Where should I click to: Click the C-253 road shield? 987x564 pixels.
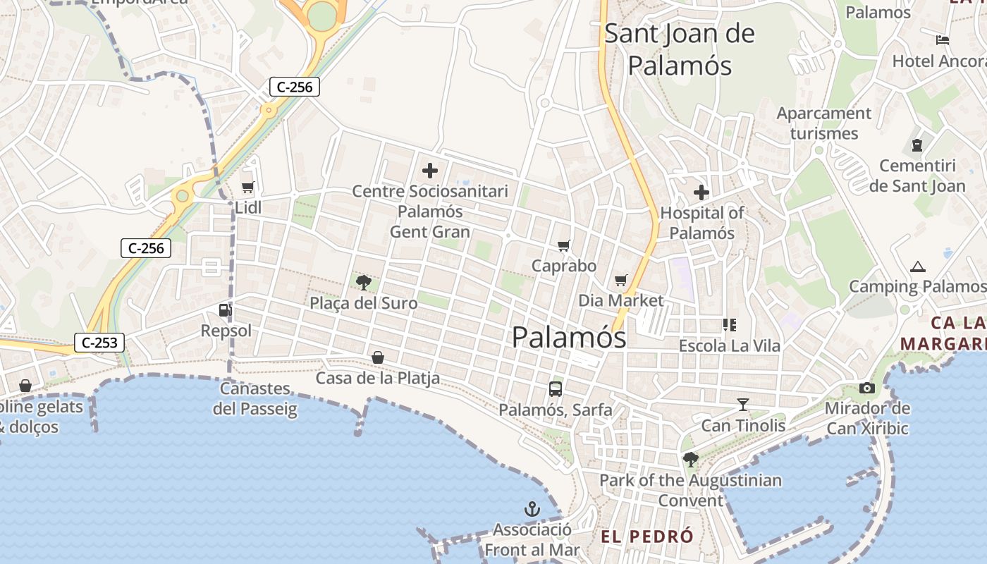pyautogui.click(x=99, y=343)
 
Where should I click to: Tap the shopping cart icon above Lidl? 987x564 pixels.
pyautogui.click(x=247, y=188)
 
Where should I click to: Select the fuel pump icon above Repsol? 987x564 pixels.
pyautogui.click(x=225, y=309)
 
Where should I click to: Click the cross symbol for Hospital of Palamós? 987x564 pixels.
pyautogui.click(x=701, y=192)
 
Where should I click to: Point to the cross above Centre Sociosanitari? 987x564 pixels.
pyautogui.click(x=429, y=171)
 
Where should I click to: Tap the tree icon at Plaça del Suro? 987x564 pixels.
pyautogui.click(x=364, y=283)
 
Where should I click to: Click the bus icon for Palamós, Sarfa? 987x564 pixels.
pyautogui.click(x=556, y=388)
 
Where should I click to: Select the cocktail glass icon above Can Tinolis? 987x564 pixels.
pyautogui.click(x=743, y=405)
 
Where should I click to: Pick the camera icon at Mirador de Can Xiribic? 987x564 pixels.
pyautogui.click(x=867, y=388)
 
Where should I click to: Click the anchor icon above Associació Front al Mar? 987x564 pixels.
pyautogui.click(x=532, y=509)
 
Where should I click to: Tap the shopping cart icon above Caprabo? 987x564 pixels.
pyautogui.click(x=563, y=246)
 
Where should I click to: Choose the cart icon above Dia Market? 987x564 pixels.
pyautogui.click(x=621, y=281)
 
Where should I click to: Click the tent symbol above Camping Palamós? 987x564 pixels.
pyautogui.click(x=917, y=267)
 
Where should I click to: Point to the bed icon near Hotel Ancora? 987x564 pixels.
pyautogui.click(x=943, y=40)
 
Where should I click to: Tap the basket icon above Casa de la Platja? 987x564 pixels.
pyautogui.click(x=378, y=358)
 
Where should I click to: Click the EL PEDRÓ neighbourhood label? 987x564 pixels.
pyautogui.click(x=647, y=537)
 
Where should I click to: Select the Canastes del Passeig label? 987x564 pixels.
pyautogui.click(x=255, y=398)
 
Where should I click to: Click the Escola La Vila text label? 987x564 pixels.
pyautogui.click(x=730, y=346)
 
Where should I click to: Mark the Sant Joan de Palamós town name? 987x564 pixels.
pyautogui.click(x=680, y=49)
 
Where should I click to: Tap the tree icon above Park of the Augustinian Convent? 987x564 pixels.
pyautogui.click(x=691, y=460)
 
